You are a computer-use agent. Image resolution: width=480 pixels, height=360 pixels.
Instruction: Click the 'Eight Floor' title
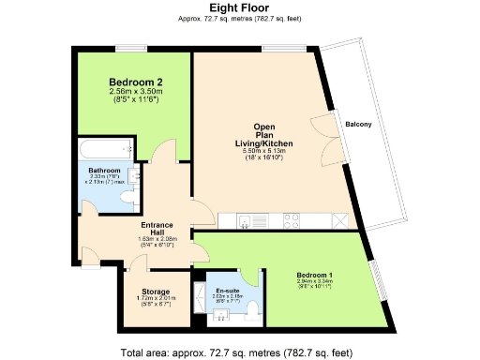click(x=240, y=7)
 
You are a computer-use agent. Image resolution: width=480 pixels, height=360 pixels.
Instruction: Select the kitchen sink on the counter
click(x=247, y=221)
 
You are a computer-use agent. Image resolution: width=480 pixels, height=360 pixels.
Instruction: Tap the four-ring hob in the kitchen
click(x=292, y=221)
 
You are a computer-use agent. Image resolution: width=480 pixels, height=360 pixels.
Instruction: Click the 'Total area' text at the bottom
click(x=238, y=352)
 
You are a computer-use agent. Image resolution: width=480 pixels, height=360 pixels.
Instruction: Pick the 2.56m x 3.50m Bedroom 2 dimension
click(x=135, y=93)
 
